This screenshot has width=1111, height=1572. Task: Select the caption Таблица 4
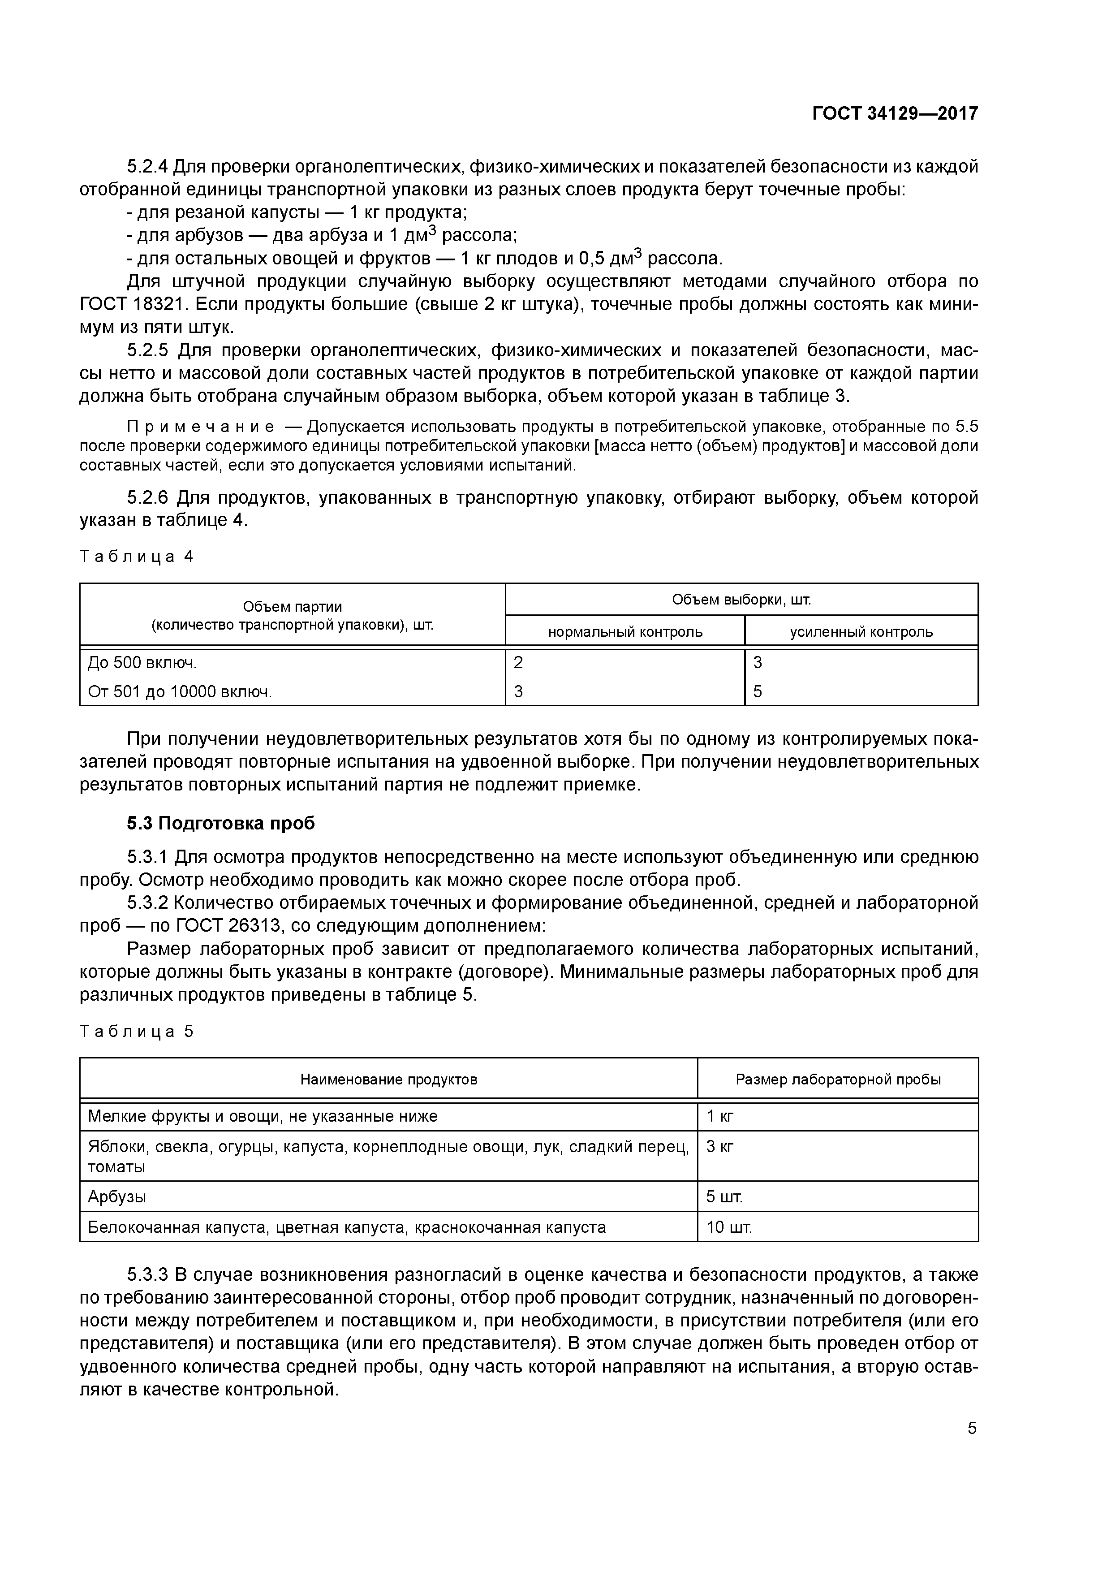pyautogui.click(x=137, y=557)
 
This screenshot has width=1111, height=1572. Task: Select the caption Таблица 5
pyautogui.click(x=137, y=1031)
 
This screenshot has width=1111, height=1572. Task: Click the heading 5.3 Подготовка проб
pyautogui.click(x=220, y=823)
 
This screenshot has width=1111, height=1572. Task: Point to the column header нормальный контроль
pyautogui.click(x=625, y=631)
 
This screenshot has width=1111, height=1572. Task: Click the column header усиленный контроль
pyautogui.click(x=861, y=631)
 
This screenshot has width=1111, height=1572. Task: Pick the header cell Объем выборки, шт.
pyautogui.click(x=741, y=600)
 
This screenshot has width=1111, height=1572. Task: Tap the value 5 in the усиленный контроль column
pyautogui.click(x=758, y=691)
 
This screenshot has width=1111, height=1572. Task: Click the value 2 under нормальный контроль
pyautogui.click(x=518, y=662)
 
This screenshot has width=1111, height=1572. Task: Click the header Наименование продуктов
pyautogui.click(x=389, y=1080)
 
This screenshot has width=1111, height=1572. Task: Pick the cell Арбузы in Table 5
pyautogui.click(x=117, y=1197)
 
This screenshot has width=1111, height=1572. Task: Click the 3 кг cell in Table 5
pyautogui.click(x=719, y=1147)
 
